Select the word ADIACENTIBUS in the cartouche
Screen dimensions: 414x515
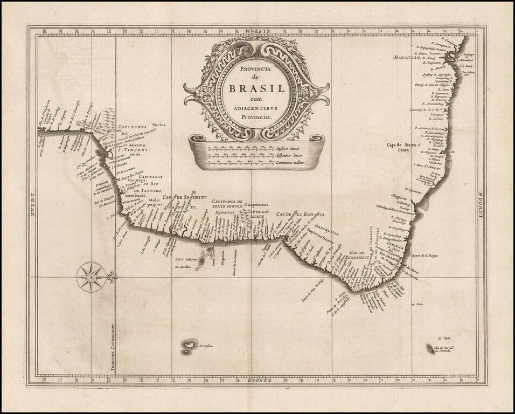pos(257,107)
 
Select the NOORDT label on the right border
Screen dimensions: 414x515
pos(481,207)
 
